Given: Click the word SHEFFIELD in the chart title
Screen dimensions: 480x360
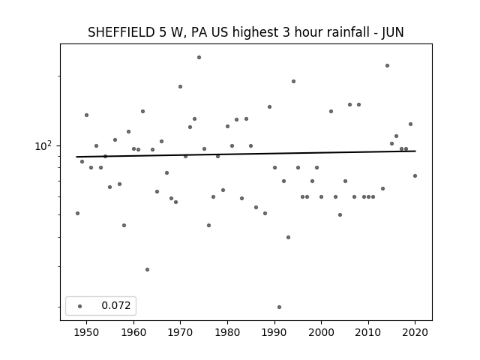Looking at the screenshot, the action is tap(121, 32).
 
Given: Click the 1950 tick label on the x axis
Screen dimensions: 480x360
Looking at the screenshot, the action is tap(87, 332).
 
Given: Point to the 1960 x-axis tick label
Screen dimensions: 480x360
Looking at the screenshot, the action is tap(133, 332).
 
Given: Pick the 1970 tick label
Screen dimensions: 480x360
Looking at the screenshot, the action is tap(180, 332).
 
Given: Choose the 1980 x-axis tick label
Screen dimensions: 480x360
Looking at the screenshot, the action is tap(227, 332).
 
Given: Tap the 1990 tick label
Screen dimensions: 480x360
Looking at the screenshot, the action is tap(274, 332).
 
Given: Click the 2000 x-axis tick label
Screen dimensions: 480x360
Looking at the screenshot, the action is tap(321, 332).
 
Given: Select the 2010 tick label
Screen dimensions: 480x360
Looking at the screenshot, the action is tap(368, 332).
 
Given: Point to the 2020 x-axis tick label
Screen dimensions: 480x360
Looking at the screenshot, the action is tap(415, 332).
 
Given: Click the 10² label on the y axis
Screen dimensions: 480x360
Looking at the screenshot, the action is tap(43, 145).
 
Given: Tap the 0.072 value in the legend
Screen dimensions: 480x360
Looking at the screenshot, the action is tap(116, 305).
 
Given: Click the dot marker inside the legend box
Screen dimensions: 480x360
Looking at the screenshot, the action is tap(80, 306).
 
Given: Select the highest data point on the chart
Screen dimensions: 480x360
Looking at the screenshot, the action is tap(199, 57).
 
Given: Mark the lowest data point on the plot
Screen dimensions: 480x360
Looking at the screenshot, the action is tap(279, 307).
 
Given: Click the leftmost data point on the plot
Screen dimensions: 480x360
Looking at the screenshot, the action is tap(77, 213).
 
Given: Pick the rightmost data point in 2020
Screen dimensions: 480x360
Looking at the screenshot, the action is tap(415, 175).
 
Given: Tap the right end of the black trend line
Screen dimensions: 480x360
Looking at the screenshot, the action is tap(415, 151).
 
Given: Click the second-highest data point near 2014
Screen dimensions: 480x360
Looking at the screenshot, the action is tap(387, 65).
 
